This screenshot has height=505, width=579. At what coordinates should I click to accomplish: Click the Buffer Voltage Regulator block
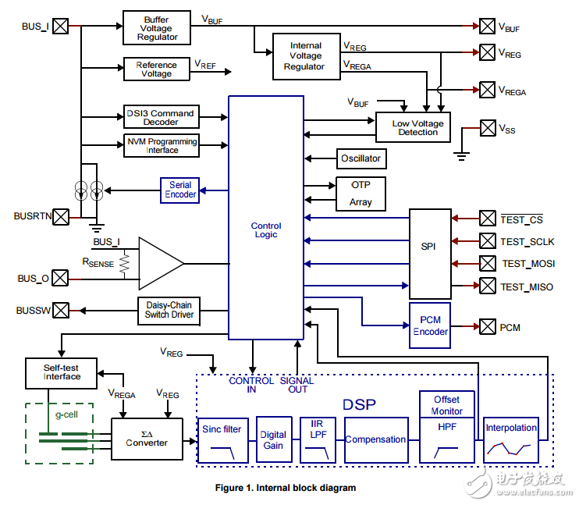click(157, 27)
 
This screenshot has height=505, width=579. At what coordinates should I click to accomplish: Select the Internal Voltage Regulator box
click(306, 56)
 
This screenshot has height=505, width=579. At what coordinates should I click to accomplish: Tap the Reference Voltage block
click(156, 69)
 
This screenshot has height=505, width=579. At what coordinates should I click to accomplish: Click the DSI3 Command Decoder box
click(161, 117)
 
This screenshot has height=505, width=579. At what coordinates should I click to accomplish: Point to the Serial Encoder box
click(180, 190)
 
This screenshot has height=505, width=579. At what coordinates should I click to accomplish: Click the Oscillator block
click(361, 158)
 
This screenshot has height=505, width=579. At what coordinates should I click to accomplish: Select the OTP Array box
click(360, 194)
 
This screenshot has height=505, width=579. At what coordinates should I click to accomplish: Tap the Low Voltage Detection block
click(417, 127)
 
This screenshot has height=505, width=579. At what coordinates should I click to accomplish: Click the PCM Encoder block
click(430, 326)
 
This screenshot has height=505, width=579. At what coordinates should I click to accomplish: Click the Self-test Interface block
click(61, 372)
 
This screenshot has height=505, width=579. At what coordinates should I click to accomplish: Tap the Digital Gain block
click(273, 440)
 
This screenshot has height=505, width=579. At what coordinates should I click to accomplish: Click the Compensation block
click(375, 440)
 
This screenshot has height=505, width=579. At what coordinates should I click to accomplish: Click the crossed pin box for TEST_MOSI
click(487, 263)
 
